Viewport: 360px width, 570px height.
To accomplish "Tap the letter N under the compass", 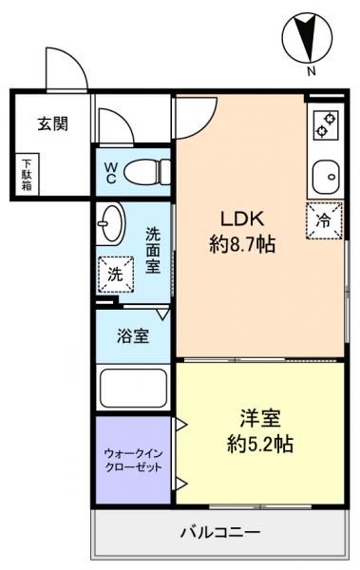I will pyautogui.click(x=311, y=71).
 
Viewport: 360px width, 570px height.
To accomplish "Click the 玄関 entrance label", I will pyautogui.click(x=52, y=123).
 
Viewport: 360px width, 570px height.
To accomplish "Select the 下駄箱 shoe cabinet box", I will pyautogui.click(x=27, y=174).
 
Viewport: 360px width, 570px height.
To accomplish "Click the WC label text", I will pyautogui.click(x=110, y=174).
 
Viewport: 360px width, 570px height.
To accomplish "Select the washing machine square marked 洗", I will pyautogui.click(x=115, y=274).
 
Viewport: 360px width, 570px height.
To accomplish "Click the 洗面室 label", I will pyautogui.click(x=153, y=249).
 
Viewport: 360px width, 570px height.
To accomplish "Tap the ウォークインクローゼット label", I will pyautogui.click(x=132, y=460).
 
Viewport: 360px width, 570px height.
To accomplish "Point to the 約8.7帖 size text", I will pyautogui.click(x=242, y=244).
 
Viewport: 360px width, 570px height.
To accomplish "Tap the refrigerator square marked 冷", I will pyautogui.click(x=324, y=220).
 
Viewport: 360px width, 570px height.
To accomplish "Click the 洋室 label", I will pyautogui.click(x=257, y=418).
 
